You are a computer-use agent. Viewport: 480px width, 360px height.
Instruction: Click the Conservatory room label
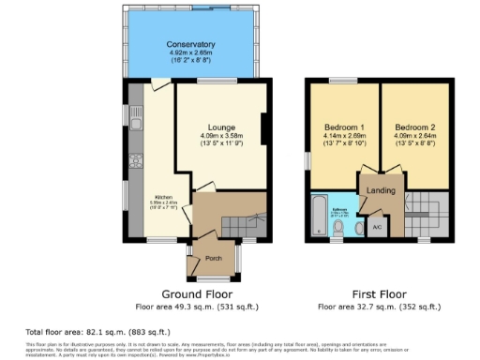191,44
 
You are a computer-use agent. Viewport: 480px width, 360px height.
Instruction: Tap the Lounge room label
222,127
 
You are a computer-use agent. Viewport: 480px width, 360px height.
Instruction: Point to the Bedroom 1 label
344,127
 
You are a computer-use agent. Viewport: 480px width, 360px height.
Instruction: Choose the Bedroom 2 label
413,127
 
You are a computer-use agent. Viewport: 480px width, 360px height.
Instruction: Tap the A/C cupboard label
376,226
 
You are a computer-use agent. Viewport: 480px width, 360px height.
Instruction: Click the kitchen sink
136,122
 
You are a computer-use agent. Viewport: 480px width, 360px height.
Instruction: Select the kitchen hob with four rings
137,166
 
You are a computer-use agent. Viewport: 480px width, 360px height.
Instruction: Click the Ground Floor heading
198,292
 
